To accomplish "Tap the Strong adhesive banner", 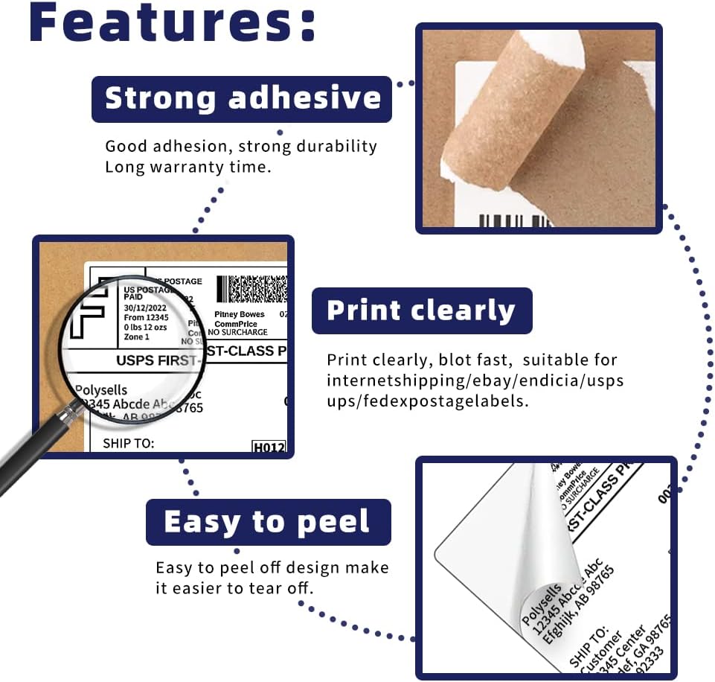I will [x=242, y=98].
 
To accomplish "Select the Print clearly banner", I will [x=421, y=310].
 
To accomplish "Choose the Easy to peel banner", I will [x=267, y=522].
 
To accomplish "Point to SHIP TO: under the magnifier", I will [x=128, y=443].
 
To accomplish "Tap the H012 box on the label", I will [x=269, y=447].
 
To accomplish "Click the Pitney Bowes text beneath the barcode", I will [x=239, y=315].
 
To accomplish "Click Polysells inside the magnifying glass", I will [x=101, y=389].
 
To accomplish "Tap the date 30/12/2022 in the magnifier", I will [x=146, y=307].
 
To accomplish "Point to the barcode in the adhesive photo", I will [x=513, y=220].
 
